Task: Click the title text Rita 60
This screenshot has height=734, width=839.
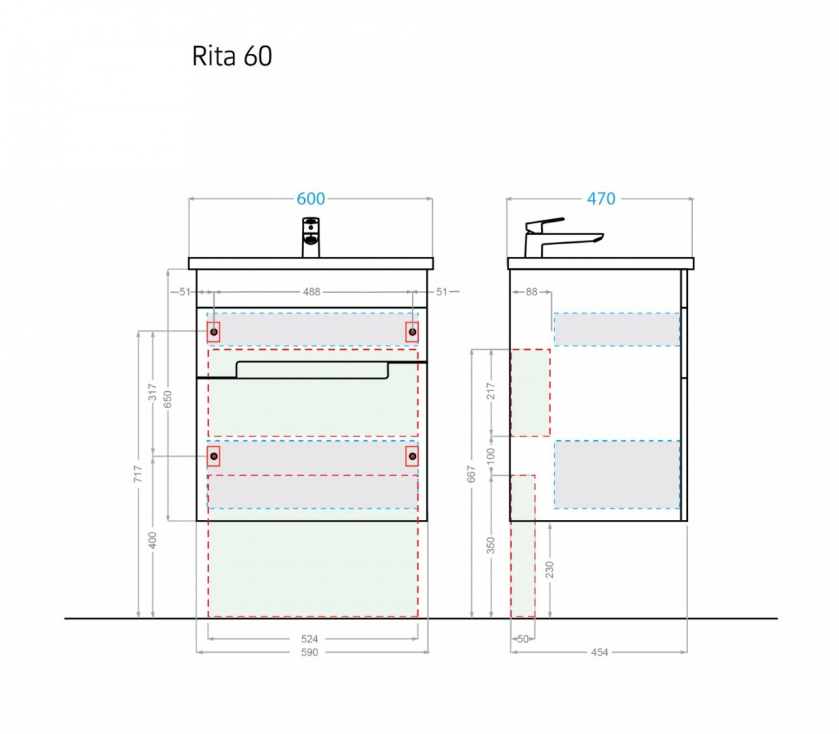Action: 231,56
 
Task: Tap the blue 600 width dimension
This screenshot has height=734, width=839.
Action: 311,199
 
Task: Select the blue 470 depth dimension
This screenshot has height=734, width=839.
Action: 601,199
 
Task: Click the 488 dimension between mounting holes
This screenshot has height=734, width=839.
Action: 311,292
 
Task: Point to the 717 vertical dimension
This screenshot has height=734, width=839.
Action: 138,474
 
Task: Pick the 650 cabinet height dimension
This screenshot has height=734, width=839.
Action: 168,400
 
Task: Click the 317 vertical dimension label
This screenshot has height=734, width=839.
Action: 152,392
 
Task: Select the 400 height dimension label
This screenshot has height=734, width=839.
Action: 152,540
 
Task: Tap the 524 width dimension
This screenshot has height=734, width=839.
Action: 309,639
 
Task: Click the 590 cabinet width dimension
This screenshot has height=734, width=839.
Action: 309,652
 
